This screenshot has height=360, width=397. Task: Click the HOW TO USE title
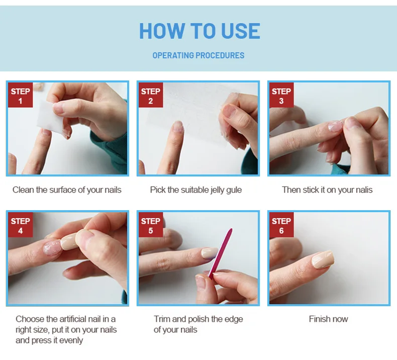[200, 31]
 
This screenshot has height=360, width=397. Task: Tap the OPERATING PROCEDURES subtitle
[198, 55]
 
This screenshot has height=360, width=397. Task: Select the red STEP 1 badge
[20, 95]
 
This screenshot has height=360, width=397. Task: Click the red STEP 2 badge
[151, 95]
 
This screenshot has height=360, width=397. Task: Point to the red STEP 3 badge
[281, 95]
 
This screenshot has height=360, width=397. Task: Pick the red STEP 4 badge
[20, 225]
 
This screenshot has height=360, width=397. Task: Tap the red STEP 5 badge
[151, 225]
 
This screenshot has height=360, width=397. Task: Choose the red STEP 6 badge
[281, 225]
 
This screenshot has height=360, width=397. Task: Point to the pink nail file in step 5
[220, 253]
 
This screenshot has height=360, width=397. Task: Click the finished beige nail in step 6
[323, 259]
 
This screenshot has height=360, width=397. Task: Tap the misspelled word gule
[234, 190]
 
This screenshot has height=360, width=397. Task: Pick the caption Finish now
[328, 319]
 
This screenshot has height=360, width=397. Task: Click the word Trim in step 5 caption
[162, 319]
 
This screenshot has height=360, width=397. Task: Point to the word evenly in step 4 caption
[71, 340]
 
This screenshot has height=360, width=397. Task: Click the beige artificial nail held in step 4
[68, 241]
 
